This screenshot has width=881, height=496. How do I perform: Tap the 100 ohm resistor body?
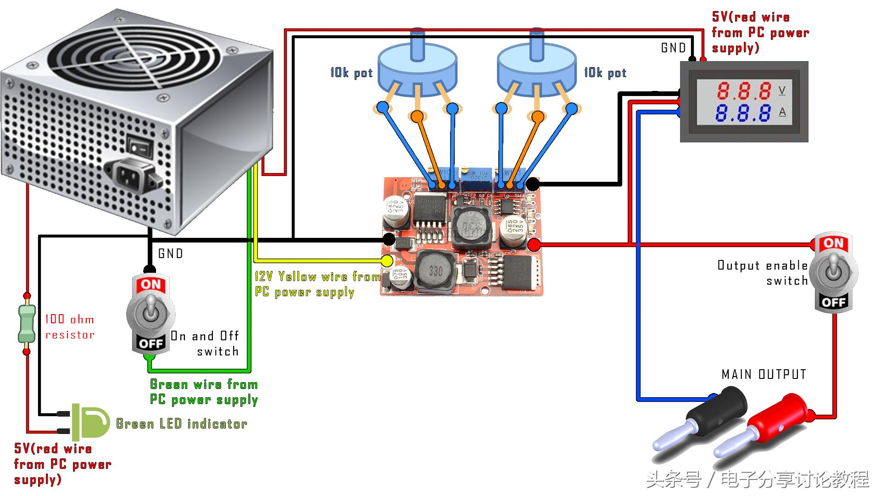point(27,324)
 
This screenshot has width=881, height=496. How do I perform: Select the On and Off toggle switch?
point(150,315)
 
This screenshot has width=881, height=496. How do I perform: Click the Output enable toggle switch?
point(834,273)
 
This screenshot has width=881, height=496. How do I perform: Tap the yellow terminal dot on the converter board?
point(387,261)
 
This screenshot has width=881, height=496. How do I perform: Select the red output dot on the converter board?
point(534,245)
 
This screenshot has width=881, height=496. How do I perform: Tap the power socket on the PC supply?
point(133,174)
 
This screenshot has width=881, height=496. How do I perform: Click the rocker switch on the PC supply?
point(139,146)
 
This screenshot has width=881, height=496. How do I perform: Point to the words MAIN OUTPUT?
point(764,375)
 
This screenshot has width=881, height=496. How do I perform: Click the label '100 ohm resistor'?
point(70,327)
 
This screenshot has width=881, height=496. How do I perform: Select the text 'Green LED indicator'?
point(182,423)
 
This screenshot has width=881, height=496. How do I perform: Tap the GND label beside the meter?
point(673,48)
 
